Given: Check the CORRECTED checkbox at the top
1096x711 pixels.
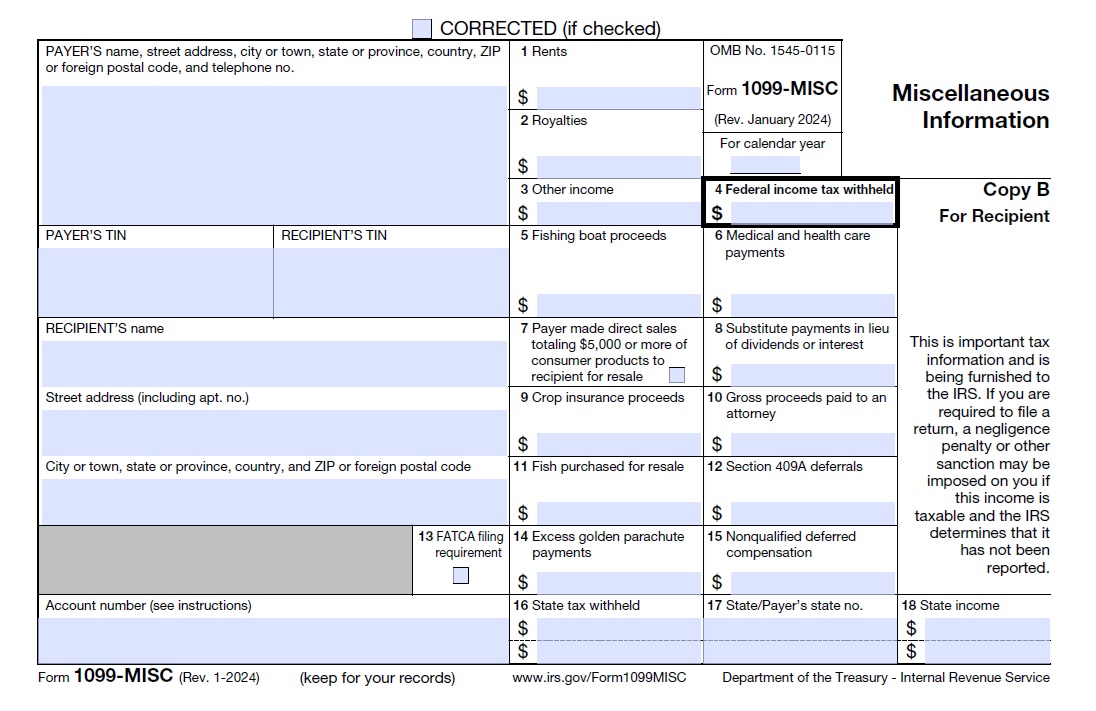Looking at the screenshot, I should [422, 29].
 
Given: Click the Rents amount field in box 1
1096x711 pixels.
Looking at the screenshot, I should [619, 97].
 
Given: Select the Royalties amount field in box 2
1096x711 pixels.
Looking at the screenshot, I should [619, 166].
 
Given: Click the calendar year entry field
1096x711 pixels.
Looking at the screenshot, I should [765, 165].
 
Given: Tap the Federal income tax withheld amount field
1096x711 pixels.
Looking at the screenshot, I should [811, 212].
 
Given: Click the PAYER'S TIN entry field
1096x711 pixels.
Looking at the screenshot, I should [155, 282].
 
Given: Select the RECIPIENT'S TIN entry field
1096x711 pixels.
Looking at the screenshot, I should [391, 282].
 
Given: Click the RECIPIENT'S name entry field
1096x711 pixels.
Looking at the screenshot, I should [273, 363].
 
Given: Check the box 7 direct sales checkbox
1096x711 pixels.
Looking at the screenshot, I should [677, 376].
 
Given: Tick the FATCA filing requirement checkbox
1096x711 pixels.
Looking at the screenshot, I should [461, 575].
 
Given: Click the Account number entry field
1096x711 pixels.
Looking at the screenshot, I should [273, 640].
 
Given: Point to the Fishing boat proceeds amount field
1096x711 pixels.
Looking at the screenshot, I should [619, 305].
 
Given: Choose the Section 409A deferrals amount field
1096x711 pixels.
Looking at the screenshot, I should [811, 513].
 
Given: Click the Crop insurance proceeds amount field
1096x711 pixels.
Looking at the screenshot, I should [619, 443].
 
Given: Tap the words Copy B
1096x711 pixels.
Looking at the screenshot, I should [1015, 190].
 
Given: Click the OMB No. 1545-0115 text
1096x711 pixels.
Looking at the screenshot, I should [771, 50].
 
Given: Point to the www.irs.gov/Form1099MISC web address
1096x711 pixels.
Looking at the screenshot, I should [599, 677].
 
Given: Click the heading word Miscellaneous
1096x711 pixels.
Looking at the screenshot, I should [970, 93].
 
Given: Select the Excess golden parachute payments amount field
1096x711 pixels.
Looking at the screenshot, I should [619, 582].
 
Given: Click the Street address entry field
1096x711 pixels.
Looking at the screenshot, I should [273, 432].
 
